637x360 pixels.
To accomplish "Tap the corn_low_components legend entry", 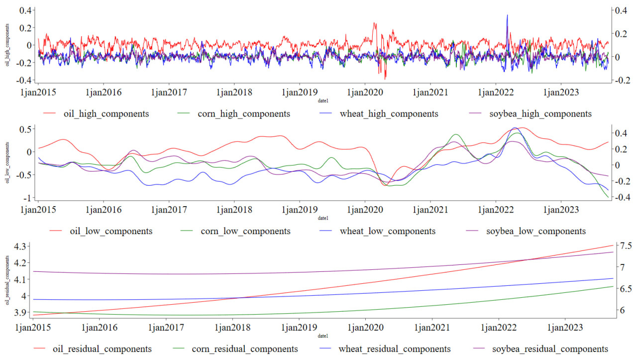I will click(x=245, y=231).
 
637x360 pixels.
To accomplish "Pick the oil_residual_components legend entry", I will click(x=102, y=349).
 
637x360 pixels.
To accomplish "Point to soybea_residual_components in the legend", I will click(x=550, y=349).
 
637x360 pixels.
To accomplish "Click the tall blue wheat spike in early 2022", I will click(x=507, y=15).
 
